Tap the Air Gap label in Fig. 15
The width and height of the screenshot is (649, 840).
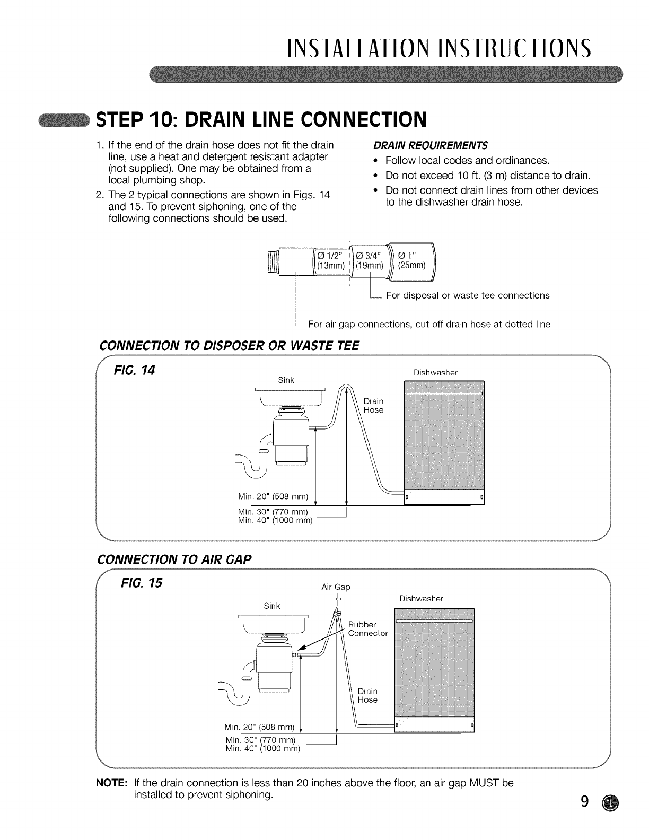[x=336, y=587]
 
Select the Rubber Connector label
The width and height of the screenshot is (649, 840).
[x=368, y=629]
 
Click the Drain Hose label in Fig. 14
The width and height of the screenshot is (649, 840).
[x=373, y=406]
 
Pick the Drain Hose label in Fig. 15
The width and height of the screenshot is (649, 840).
[x=367, y=695]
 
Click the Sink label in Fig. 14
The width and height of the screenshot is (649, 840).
[x=286, y=380]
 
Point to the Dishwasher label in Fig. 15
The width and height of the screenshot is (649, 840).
[x=421, y=598]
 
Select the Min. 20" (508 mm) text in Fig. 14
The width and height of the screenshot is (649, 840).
[x=273, y=496]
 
